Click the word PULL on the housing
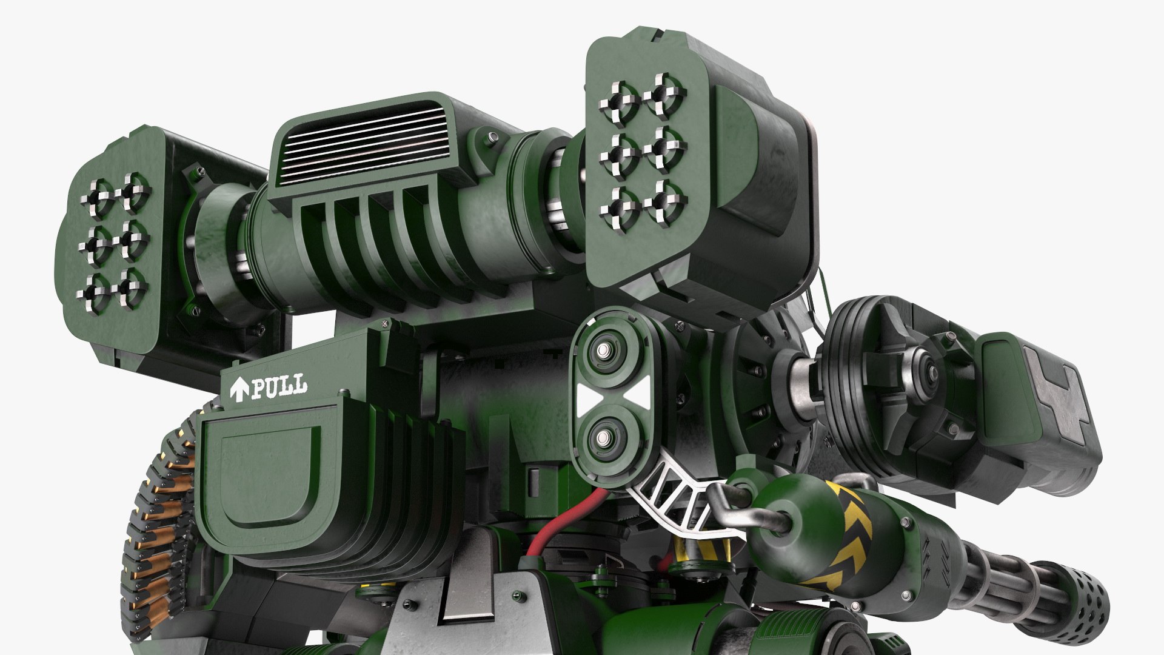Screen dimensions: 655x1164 pyautogui.click(x=279, y=386)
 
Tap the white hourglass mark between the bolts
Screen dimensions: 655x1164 pyautogui.click(x=613, y=394)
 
